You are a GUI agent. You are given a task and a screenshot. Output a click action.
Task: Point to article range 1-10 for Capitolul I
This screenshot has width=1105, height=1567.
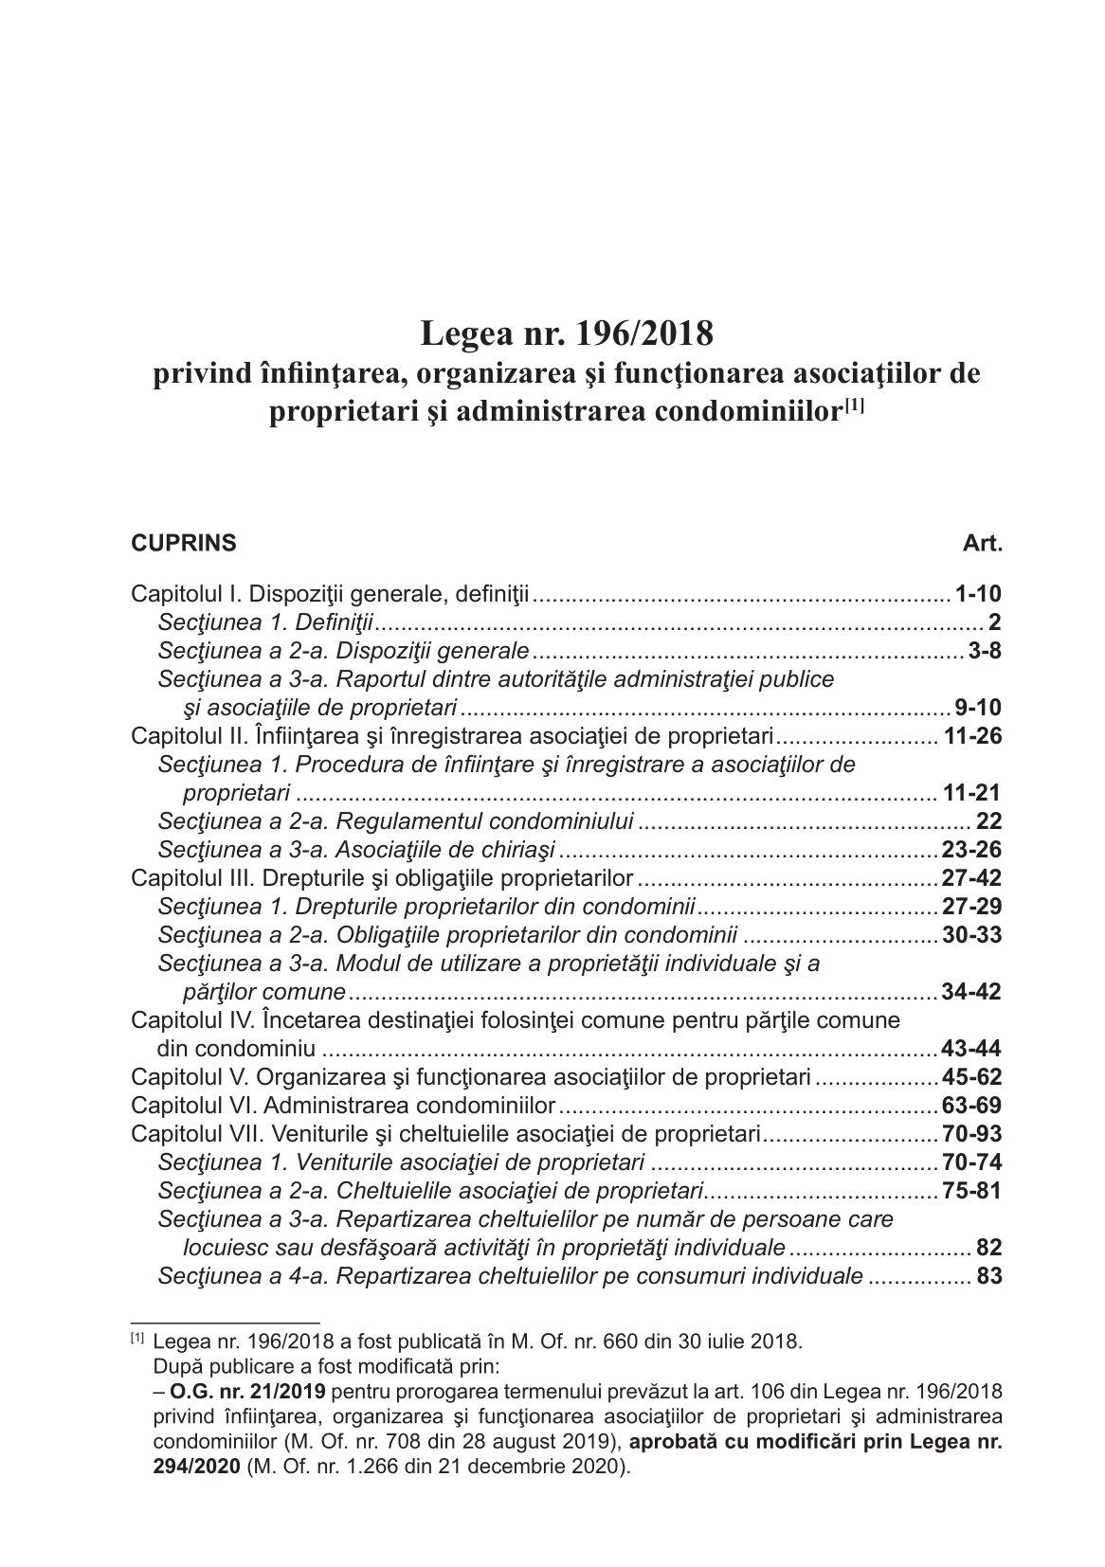979,595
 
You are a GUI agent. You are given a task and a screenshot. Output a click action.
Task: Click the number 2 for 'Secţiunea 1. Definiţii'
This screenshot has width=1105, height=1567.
995,623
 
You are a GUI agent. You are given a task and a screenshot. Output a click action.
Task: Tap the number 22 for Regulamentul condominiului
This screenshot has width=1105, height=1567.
988,821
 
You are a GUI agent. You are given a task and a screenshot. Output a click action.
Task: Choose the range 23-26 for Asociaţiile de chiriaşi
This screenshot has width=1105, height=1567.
972,850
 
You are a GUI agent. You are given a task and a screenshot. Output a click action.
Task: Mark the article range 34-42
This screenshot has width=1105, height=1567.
972,993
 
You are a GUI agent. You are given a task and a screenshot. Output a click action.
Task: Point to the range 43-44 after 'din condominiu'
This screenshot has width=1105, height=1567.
972,1050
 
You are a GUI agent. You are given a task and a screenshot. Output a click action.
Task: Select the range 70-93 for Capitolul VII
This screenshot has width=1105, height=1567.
972,1134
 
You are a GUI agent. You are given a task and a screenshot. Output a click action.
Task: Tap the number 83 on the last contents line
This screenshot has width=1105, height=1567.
989,1276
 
